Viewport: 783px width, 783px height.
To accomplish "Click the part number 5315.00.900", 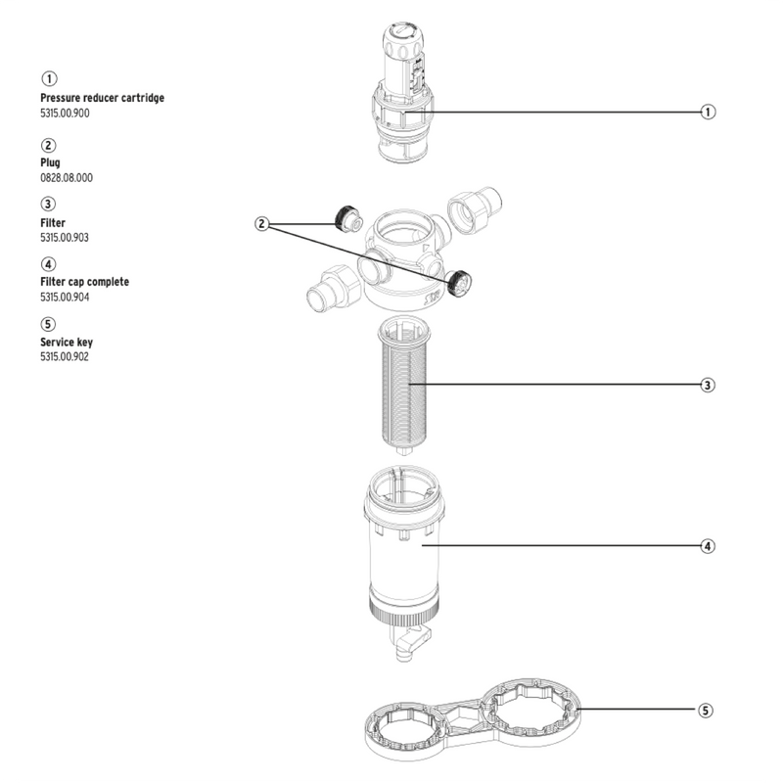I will pyautogui.click(x=67, y=114).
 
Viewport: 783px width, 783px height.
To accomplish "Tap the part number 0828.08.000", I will pyautogui.click(x=67, y=177).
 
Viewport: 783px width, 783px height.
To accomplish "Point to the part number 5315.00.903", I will pyautogui.click(x=67, y=237).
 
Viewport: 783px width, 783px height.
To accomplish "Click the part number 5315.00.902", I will pyautogui.click(x=67, y=356).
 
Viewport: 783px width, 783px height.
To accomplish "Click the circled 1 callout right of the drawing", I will pyautogui.click(x=708, y=112).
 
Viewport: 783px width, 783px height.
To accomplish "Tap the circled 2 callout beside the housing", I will pyautogui.click(x=261, y=224).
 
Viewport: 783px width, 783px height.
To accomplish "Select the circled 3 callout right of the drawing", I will pyautogui.click(x=708, y=385).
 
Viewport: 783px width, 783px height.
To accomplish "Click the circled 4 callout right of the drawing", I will pyautogui.click(x=708, y=545).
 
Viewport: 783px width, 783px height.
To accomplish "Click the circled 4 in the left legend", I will pyautogui.click(x=48, y=264).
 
